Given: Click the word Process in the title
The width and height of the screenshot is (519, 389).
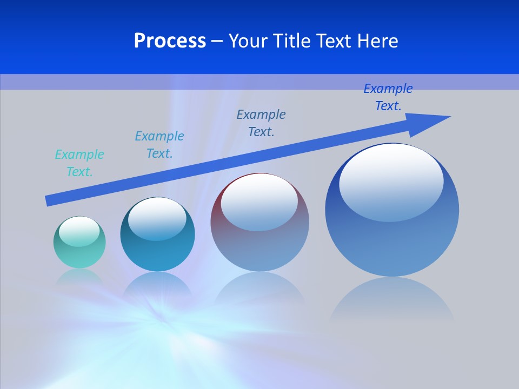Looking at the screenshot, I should [170, 41].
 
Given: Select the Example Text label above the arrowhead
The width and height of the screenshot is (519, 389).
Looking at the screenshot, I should [388, 97].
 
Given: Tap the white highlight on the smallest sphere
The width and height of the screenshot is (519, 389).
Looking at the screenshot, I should [79, 231].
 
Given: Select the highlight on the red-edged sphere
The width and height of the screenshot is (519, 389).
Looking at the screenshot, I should [259, 201].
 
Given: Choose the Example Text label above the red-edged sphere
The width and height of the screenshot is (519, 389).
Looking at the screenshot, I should [261, 123].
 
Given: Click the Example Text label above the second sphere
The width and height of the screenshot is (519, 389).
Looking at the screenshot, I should [159, 145].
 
